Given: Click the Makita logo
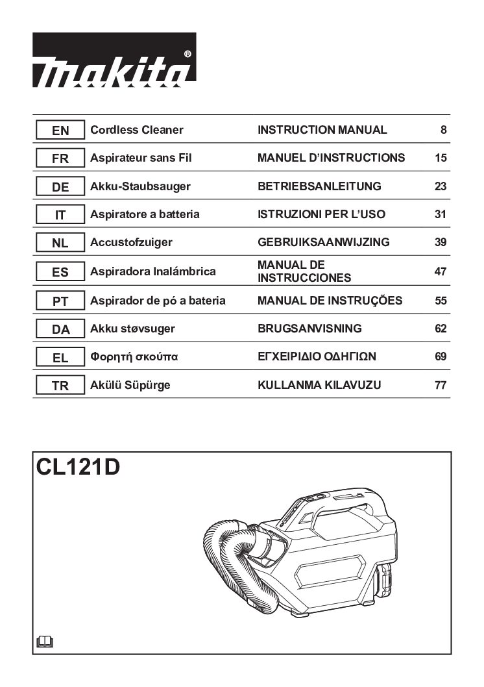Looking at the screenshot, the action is [114, 60].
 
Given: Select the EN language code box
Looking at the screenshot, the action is [60, 130].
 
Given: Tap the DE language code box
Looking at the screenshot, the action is [60, 186].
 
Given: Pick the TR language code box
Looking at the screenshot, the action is [60, 386].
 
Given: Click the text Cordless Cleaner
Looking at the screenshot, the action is [136, 130].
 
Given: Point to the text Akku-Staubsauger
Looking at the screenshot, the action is [141, 186].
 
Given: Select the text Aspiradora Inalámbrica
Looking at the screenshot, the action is [152, 271].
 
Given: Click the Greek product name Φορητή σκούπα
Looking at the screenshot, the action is [134, 356].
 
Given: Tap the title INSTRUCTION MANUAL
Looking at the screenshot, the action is [322, 130].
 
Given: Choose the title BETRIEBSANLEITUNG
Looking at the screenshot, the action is [319, 186].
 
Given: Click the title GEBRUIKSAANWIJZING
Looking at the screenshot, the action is [323, 242].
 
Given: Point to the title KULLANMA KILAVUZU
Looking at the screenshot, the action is [319, 385].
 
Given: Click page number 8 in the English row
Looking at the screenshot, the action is [443, 130].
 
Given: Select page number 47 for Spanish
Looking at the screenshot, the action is [441, 271].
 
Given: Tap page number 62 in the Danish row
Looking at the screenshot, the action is [441, 329].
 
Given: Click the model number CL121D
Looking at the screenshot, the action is [78, 467].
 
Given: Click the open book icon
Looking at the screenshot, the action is [45, 642].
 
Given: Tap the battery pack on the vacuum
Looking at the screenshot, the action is [384, 581].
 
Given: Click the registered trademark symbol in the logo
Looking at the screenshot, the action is [188, 55].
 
